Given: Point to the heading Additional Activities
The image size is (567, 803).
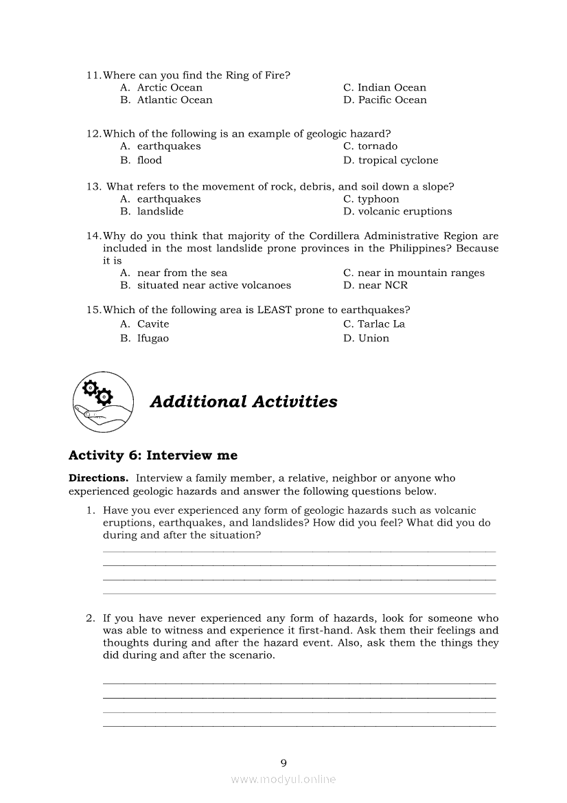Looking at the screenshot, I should click(244, 402).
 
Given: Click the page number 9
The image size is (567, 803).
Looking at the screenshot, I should click(283, 762).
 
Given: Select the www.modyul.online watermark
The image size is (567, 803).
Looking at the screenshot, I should click(283, 780).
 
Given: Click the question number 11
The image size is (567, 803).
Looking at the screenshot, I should click(93, 76).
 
